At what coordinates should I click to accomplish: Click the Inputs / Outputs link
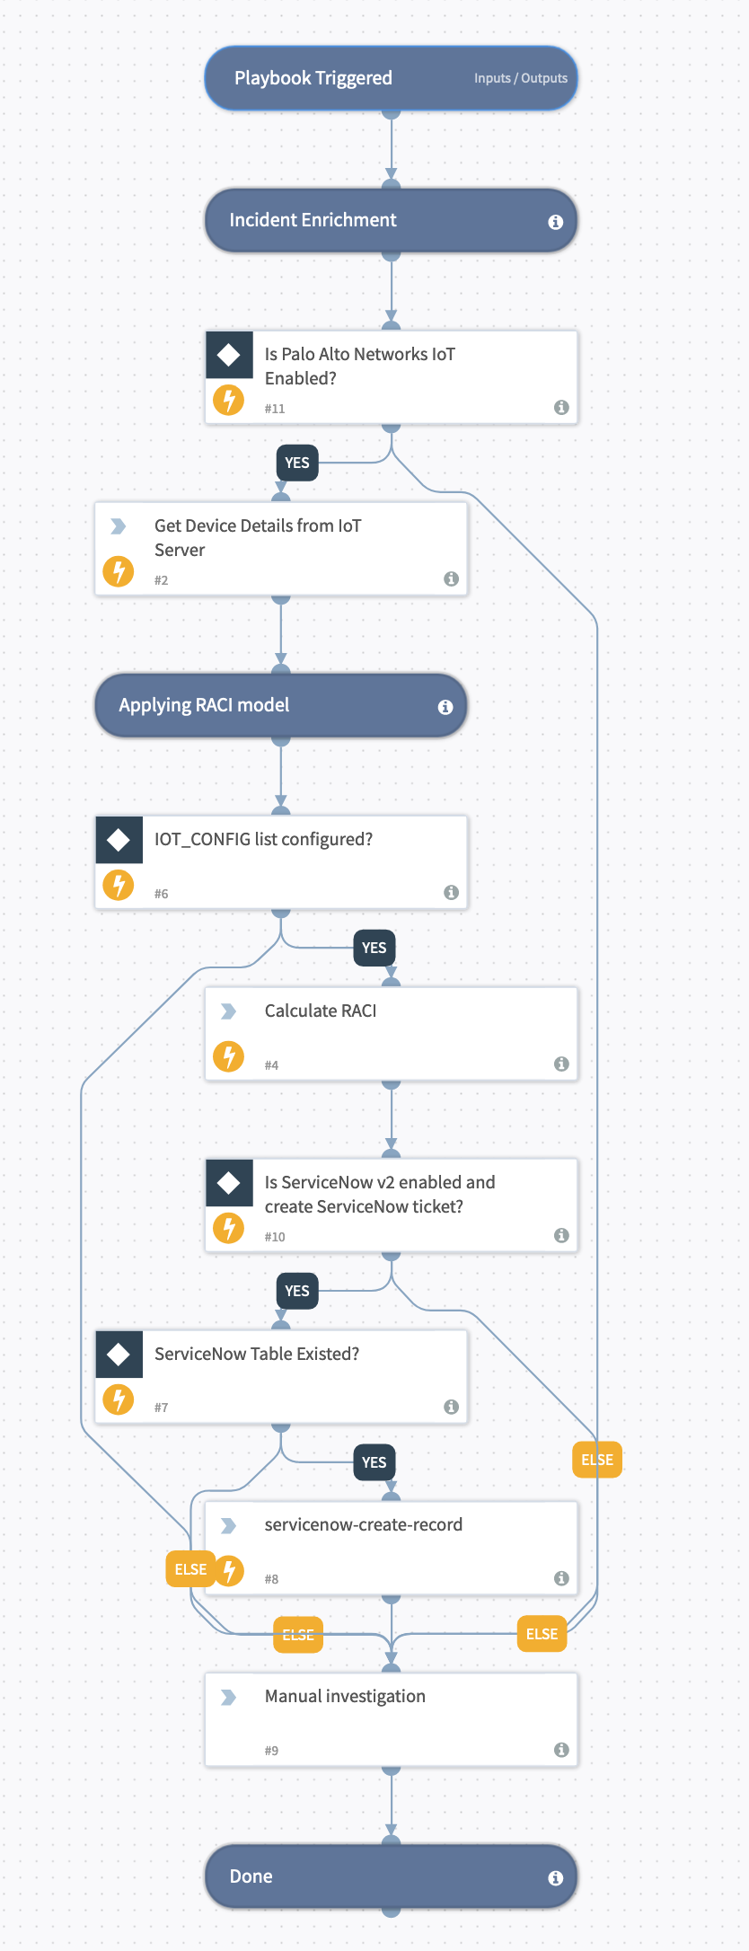click(520, 78)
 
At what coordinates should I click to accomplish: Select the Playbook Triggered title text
click(313, 78)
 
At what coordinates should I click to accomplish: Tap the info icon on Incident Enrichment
click(555, 221)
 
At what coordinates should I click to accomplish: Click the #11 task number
click(274, 409)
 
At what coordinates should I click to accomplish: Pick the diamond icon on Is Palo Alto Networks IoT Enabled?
click(229, 355)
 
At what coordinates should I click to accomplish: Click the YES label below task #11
click(297, 463)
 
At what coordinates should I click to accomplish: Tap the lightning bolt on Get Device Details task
click(119, 570)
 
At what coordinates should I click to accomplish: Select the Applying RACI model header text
click(204, 705)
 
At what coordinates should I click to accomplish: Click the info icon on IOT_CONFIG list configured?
click(451, 892)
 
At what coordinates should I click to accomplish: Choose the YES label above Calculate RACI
click(374, 948)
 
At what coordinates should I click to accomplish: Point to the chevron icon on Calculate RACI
click(229, 1011)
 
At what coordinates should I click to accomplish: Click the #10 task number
click(274, 1237)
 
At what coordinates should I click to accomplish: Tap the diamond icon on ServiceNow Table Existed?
click(119, 1355)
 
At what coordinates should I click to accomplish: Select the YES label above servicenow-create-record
click(374, 1462)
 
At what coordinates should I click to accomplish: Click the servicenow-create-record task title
click(363, 1524)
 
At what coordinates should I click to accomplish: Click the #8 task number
click(271, 1579)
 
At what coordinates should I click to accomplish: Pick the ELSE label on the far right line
click(597, 1460)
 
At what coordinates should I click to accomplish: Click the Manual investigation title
click(345, 1696)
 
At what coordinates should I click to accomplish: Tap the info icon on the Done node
click(555, 1878)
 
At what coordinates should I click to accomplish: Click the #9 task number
click(271, 1751)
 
